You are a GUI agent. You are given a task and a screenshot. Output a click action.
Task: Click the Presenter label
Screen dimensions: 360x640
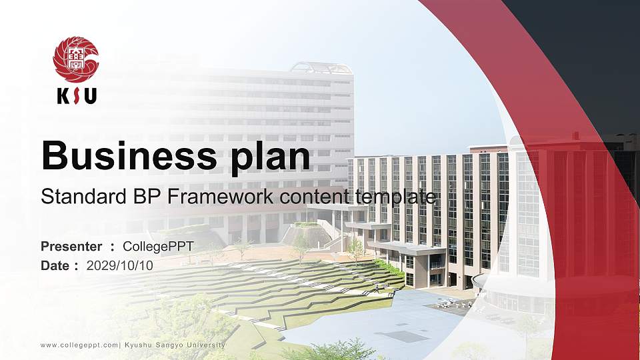pos(71,247)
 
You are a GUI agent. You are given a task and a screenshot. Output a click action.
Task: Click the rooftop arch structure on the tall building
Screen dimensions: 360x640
pos(320,67)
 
